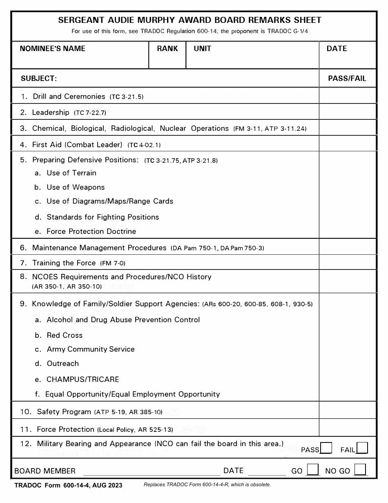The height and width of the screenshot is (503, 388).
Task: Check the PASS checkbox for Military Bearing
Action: pos(326,448)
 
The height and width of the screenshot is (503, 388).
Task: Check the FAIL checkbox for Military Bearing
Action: pos(362,448)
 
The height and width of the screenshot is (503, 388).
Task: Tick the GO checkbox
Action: pos(313,469)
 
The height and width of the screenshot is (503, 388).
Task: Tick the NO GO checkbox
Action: pos(360,469)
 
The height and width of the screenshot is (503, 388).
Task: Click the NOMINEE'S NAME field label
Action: pos(53,49)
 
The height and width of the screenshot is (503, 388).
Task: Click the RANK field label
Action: pos(167,49)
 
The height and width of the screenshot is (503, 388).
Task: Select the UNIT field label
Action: pos(203,49)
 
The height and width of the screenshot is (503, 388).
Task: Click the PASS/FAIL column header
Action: pos(347,79)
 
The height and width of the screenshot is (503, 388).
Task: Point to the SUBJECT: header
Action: pos(39,79)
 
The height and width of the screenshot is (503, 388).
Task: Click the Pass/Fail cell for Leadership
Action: pos(347,111)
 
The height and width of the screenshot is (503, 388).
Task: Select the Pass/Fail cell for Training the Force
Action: pos(347,262)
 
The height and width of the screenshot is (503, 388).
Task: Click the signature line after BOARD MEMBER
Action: pos(151,472)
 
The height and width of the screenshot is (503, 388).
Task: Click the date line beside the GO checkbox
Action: pos(267,472)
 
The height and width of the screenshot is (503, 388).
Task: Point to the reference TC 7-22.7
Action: pos(90,113)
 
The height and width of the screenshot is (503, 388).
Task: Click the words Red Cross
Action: pos(65,335)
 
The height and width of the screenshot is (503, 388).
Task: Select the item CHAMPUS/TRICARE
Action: pos(83,379)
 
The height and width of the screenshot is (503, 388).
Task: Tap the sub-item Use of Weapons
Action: pos(76,187)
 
